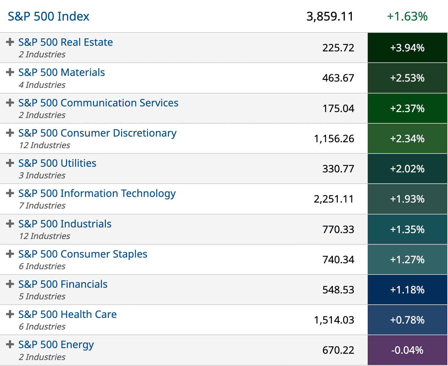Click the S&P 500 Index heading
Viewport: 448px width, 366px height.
(x=48, y=17)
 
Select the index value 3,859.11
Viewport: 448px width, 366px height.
(x=330, y=17)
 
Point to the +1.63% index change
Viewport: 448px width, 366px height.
(x=407, y=17)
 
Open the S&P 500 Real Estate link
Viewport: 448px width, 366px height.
(x=65, y=42)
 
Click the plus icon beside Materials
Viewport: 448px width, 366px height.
(x=10, y=72)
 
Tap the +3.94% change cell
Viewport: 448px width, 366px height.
(x=407, y=48)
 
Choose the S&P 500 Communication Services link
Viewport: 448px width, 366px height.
(x=98, y=103)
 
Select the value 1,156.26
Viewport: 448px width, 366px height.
(x=334, y=139)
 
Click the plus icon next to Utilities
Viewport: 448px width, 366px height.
(x=10, y=163)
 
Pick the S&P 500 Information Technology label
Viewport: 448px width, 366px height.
(x=97, y=194)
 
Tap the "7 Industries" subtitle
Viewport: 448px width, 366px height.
(x=42, y=206)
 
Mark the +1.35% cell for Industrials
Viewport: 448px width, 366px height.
(x=407, y=229)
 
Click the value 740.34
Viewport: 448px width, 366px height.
(x=338, y=260)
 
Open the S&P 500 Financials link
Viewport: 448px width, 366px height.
(x=63, y=284)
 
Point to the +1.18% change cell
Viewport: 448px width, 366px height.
(x=407, y=290)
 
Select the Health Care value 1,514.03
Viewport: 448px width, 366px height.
(x=334, y=320)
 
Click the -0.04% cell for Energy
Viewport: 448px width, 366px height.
(x=407, y=350)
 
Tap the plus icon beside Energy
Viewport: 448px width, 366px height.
(x=10, y=344)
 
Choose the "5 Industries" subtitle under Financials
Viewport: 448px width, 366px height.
(x=42, y=296)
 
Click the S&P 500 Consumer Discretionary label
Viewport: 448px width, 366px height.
(x=97, y=133)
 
